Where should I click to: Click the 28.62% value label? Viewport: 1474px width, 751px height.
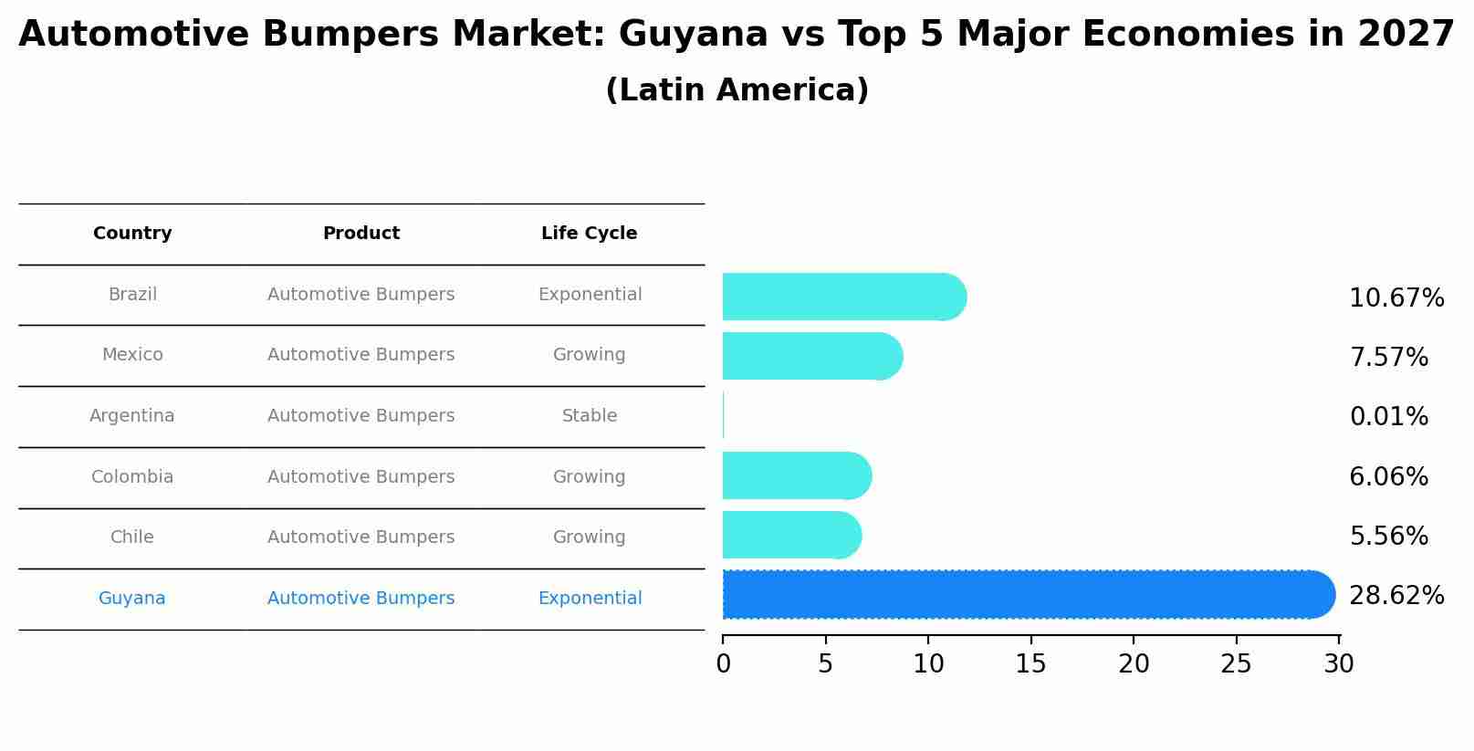(x=1396, y=596)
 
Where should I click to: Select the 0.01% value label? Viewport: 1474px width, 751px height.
(x=1388, y=417)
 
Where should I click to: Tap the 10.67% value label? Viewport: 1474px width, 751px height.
(x=1396, y=298)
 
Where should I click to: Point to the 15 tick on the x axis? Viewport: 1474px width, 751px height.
(x=1031, y=664)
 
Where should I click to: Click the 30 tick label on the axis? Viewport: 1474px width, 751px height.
(x=1339, y=664)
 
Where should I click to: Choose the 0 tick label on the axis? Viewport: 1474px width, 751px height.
(x=723, y=664)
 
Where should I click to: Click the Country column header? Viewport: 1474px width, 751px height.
(x=132, y=234)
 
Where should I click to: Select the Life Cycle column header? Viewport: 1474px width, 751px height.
(x=589, y=234)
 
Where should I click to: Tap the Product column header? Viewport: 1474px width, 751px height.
(x=361, y=234)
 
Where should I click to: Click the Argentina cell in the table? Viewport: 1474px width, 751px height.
(x=132, y=416)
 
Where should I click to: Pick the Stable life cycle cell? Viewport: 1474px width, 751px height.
(x=590, y=416)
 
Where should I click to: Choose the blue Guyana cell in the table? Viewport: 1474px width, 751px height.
(x=132, y=599)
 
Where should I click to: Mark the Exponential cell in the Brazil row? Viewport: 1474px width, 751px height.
(x=590, y=295)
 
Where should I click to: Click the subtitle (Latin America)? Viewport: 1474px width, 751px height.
(x=737, y=90)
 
